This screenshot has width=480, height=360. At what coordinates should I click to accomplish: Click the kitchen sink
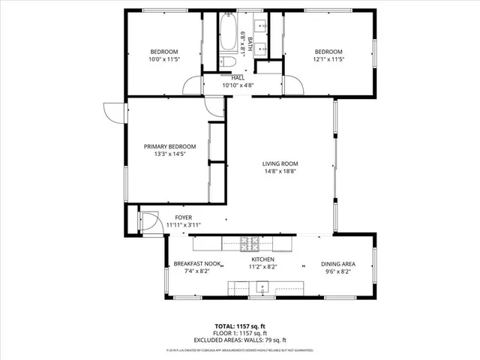262,286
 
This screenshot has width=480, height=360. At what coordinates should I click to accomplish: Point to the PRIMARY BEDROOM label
170,146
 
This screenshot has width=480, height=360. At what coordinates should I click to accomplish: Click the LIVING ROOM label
280,163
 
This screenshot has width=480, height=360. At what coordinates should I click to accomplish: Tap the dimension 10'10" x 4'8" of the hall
238,85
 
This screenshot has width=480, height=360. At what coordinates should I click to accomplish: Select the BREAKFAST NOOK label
197,264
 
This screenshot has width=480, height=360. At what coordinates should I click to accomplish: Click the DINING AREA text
338,264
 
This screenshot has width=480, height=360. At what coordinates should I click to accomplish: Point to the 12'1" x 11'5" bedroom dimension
328,59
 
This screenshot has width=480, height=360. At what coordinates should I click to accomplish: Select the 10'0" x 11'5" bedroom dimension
163,59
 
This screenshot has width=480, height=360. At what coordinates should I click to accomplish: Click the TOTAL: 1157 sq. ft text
239,326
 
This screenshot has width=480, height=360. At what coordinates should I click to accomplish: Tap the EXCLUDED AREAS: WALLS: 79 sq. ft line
239,340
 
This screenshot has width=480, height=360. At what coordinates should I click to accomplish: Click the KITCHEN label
262,259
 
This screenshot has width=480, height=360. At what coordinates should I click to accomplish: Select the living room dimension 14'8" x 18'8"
280,171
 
